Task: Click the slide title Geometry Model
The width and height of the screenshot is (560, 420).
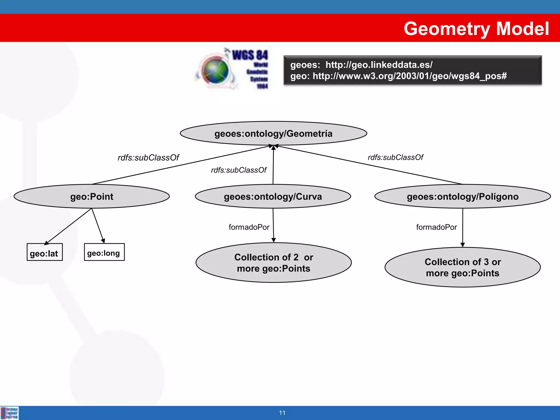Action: tap(476, 29)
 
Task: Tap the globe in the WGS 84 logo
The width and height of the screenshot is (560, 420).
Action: tap(215, 70)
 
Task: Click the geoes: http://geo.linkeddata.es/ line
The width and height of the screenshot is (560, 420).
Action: tap(361, 65)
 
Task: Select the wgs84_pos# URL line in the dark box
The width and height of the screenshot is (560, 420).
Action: tap(398, 76)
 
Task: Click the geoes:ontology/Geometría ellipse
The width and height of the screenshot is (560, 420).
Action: tap(273, 133)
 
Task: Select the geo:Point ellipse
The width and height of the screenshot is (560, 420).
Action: tap(92, 197)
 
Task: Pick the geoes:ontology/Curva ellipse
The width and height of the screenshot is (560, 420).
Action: tap(273, 197)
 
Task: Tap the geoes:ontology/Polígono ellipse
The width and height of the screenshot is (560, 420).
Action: tap(462, 197)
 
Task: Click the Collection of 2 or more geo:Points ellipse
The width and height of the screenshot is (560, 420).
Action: tap(273, 263)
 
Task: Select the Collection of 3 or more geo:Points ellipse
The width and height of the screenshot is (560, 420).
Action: tap(462, 267)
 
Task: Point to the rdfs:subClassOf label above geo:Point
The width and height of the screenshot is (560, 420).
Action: tap(148, 157)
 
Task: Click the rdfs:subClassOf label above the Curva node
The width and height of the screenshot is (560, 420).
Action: tap(238, 170)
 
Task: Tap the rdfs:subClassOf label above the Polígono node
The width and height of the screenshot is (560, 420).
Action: tap(395, 157)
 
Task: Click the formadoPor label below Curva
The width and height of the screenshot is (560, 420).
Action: tap(249, 227)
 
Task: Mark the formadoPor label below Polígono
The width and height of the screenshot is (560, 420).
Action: tap(436, 227)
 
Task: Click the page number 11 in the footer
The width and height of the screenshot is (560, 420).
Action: tap(282, 413)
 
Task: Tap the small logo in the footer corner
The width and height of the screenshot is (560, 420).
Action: tap(10, 413)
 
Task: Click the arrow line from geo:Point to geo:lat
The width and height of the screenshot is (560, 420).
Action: tap(68, 226)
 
